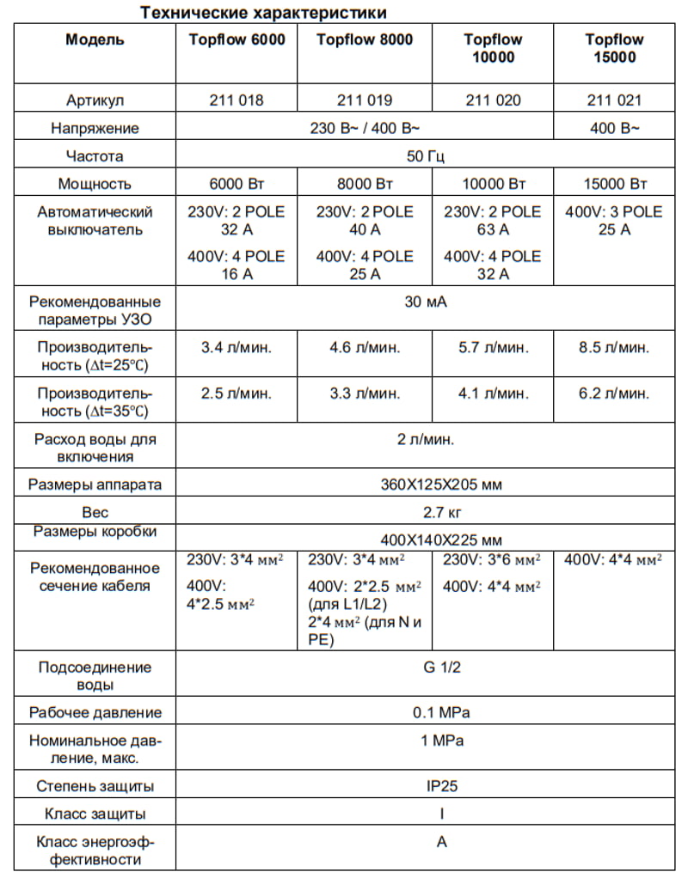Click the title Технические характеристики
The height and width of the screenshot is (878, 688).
[x=263, y=12]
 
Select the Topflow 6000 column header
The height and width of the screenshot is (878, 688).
[x=236, y=40]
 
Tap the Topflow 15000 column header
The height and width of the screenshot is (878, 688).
[x=614, y=48]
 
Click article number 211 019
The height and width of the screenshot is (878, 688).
[x=365, y=101]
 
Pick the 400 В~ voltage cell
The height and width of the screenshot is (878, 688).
[x=614, y=128]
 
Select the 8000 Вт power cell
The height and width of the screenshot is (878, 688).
[x=365, y=184]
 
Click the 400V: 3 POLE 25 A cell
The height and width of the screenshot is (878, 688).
[x=614, y=221]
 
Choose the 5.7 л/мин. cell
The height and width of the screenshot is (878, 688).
[x=494, y=348]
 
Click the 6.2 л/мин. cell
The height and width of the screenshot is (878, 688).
[x=614, y=393]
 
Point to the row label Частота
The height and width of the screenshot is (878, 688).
[x=95, y=156]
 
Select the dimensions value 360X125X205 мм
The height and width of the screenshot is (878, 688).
[x=441, y=485]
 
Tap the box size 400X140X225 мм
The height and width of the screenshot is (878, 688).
[x=441, y=540]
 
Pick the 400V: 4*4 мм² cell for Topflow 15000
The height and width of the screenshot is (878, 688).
[x=613, y=560]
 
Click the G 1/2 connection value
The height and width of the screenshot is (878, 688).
[x=441, y=667]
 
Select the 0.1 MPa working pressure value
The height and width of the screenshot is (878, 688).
[x=441, y=712]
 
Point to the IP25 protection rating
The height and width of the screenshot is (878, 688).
[x=441, y=785]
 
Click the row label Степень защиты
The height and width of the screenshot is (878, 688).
[x=95, y=785]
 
